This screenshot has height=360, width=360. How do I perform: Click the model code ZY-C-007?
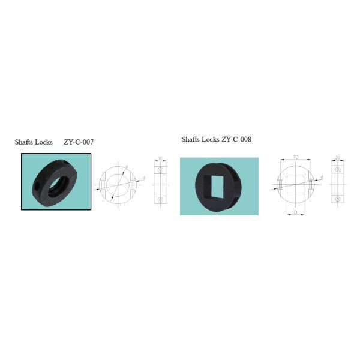click(79, 142)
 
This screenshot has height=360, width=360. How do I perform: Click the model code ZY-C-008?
click(236, 139)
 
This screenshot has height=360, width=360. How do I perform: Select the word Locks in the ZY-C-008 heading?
click(210, 139)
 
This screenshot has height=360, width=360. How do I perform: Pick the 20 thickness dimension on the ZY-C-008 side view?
click(338, 158)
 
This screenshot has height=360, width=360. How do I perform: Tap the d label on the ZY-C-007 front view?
click(143, 178)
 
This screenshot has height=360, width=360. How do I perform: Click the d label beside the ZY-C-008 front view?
click(322, 178)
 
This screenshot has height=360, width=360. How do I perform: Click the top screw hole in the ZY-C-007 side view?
click(160, 170)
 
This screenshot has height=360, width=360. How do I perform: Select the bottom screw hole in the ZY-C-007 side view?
click(160, 199)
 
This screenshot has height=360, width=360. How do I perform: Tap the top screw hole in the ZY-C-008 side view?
click(338, 170)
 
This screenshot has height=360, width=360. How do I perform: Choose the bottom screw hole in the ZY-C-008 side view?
click(338, 199)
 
